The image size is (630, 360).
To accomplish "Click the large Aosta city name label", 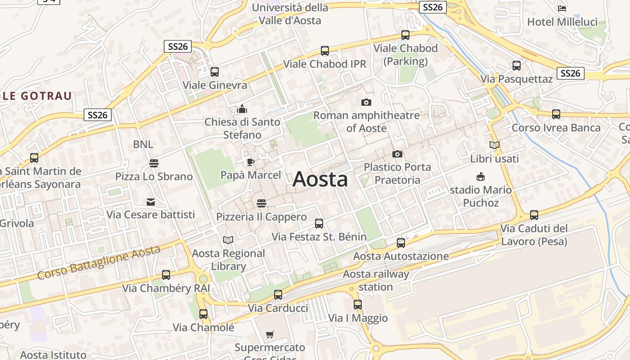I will tap(320, 180).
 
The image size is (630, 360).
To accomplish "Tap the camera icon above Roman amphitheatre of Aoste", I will tap(366, 103).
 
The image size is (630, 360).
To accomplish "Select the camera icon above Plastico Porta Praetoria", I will tap(397, 154).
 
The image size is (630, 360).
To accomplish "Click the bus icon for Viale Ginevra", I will tap(215, 72).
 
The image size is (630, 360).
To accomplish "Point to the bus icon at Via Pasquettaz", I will tap(517, 66).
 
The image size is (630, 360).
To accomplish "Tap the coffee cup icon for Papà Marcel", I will tap(250, 162).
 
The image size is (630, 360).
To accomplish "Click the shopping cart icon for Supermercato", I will tap(270, 334).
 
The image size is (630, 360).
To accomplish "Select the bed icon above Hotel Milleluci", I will tap(562, 9).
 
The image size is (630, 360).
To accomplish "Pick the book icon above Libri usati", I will tap(494, 145).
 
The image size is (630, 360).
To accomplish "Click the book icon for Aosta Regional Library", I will tap(228, 240).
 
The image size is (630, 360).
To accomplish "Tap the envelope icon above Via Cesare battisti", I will tap(151, 202).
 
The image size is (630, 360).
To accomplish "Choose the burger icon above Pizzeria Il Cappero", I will tap(261, 203).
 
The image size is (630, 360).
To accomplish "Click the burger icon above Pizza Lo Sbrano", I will tap(154, 163).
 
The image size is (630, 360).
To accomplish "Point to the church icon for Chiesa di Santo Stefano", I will tap(242, 109).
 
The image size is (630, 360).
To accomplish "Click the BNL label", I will tap(143, 144).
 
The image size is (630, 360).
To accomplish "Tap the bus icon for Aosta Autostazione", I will tap(401, 243).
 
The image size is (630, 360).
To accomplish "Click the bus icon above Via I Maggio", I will tap(358, 305).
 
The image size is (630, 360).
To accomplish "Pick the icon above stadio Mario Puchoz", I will tap(481, 177).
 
